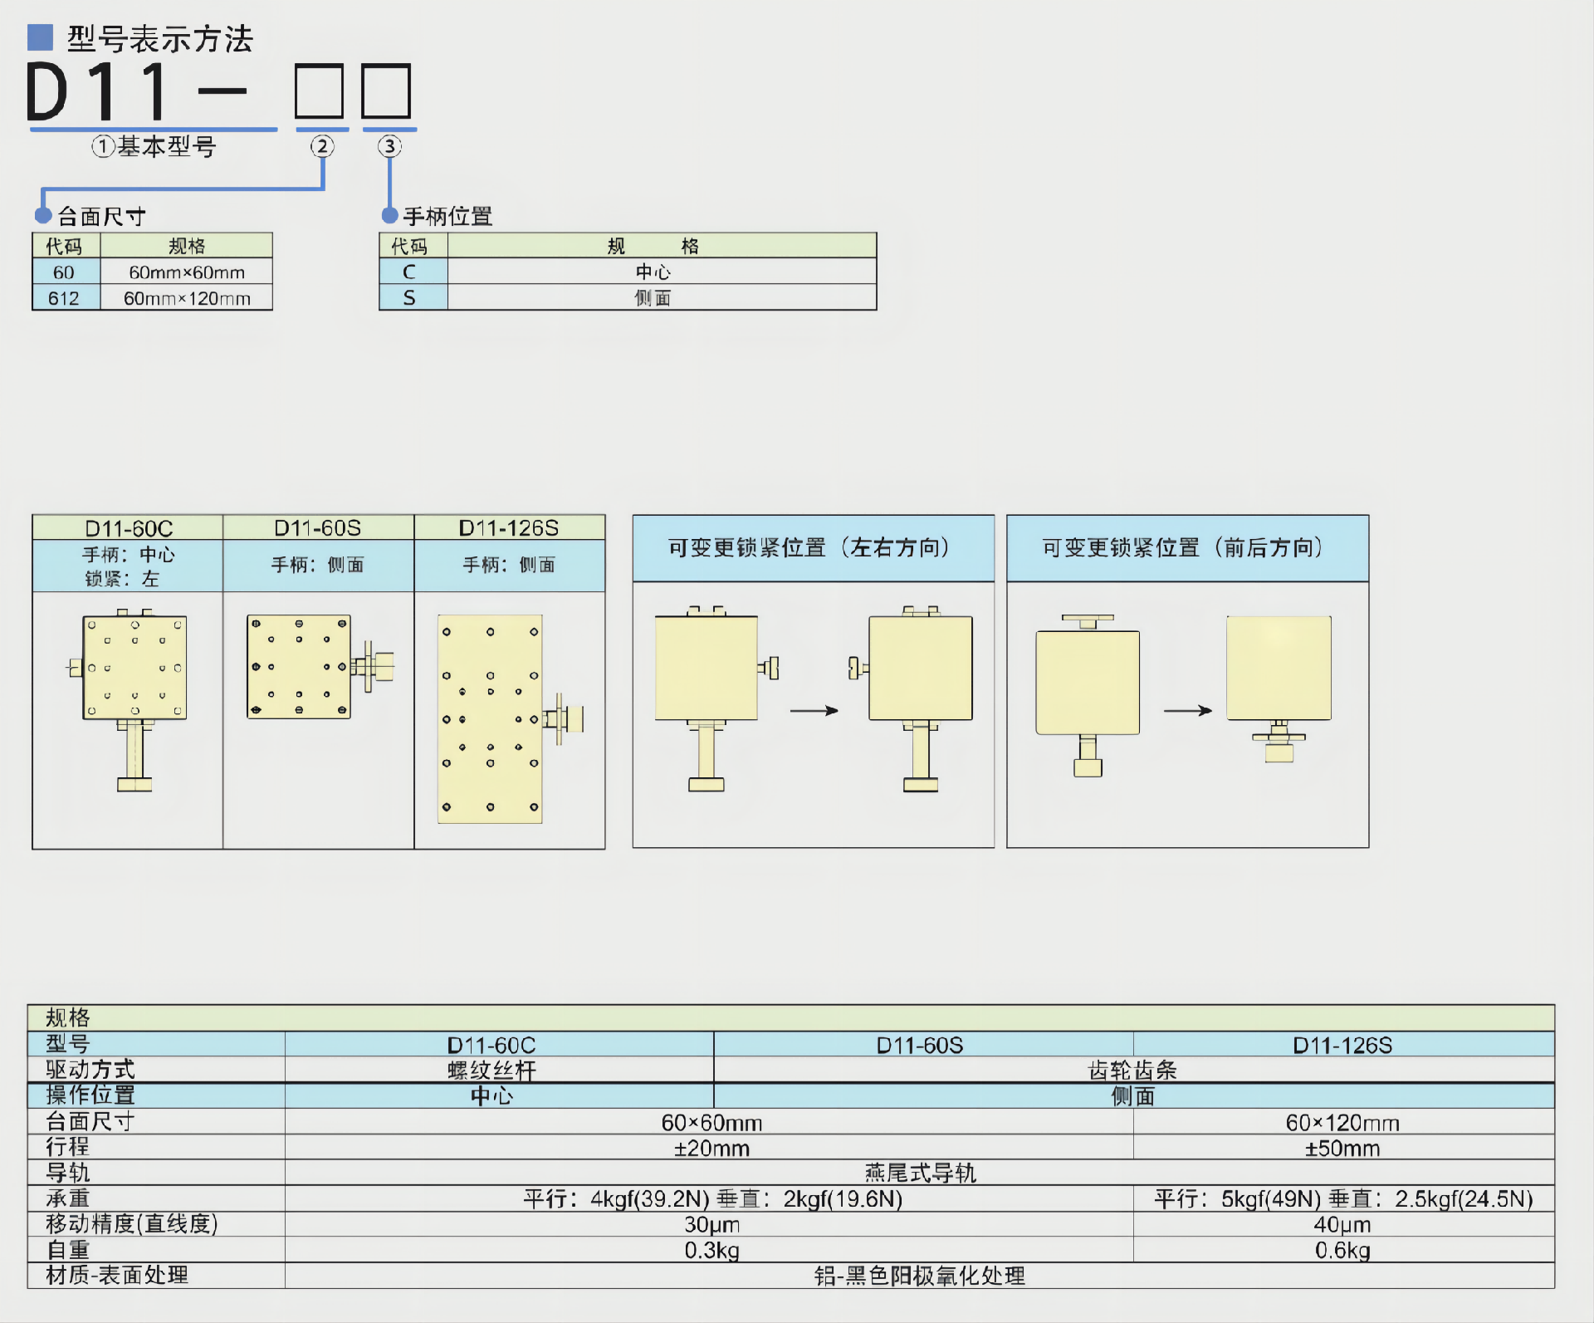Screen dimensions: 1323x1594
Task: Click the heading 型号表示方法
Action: [x=159, y=39]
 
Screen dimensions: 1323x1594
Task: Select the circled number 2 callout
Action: [x=322, y=147]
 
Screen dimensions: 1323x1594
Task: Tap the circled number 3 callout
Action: [x=389, y=147]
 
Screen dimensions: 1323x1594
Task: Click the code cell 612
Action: [x=65, y=298]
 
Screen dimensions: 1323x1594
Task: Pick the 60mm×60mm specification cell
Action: [x=187, y=272]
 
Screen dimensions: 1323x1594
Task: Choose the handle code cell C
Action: [x=409, y=272]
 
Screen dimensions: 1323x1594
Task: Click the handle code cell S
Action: [x=409, y=297]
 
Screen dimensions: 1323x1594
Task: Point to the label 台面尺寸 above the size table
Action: [x=101, y=217]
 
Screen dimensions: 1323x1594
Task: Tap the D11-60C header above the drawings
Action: [x=129, y=528]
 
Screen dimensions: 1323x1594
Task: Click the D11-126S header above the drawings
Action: [x=509, y=528]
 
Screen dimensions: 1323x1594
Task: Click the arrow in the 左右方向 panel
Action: [x=814, y=711]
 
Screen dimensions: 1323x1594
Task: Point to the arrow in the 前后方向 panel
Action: [x=1187, y=711]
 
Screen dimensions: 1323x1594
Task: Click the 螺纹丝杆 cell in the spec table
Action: [x=491, y=1071]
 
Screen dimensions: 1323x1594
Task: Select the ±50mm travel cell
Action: [x=1342, y=1149]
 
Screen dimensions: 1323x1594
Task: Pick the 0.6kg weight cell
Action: [x=1342, y=1250]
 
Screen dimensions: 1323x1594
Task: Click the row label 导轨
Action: [x=68, y=1173]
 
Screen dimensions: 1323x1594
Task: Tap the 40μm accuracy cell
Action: [x=1342, y=1224]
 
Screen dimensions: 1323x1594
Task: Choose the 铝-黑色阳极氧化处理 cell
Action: [x=919, y=1276]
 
